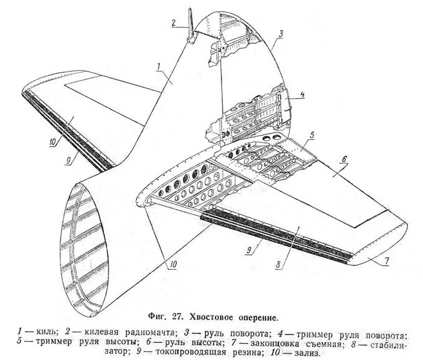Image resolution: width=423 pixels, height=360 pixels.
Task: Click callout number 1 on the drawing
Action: (160, 65)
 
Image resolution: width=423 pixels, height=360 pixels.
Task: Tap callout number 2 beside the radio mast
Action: (175, 23)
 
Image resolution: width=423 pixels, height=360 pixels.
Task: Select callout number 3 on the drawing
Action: (281, 34)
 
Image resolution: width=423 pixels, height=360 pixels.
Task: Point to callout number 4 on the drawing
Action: (302, 95)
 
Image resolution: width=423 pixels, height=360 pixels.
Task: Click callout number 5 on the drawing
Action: (312, 134)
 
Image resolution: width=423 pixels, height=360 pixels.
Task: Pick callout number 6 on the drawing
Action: (342, 159)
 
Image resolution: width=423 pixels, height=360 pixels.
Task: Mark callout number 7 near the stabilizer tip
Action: (386, 261)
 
